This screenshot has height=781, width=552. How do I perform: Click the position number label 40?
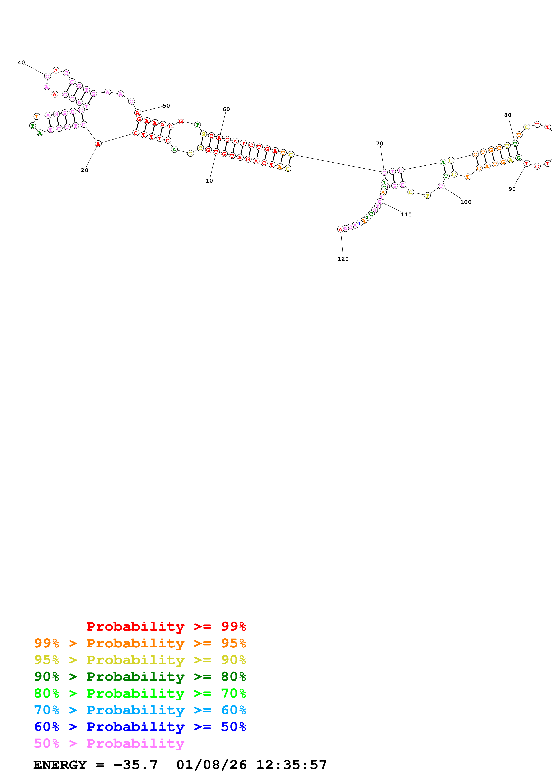(x=21, y=63)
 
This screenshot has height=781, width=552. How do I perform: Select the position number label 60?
(x=226, y=109)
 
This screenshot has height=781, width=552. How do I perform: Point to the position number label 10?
(x=209, y=181)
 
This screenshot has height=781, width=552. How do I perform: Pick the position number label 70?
(x=380, y=144)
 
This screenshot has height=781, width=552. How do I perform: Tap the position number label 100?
(x=466, y=202)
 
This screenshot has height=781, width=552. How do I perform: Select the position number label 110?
(x=406, y=214)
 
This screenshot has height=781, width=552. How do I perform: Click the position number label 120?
(x=343, y=259)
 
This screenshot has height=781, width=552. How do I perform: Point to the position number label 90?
(x=512, y=189)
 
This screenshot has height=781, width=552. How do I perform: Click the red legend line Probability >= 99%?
(x=166, y=626)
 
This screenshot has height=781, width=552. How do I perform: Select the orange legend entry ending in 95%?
(x=140, y=643)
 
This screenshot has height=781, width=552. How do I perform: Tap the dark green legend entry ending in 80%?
(x=140, y=677)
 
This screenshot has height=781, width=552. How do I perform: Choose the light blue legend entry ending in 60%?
(x=140, y=710)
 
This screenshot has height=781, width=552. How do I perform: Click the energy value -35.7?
(x=135, y=765)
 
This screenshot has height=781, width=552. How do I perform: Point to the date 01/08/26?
(x=211, y=765)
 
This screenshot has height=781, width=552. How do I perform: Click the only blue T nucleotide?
(x=359, y=224)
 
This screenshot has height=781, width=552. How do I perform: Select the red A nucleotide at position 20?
(x=98, y=144)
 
